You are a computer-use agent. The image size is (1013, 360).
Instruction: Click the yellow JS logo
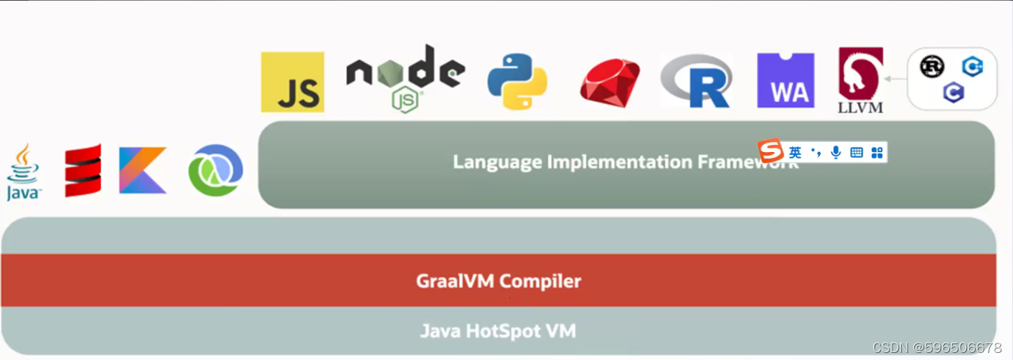(292, 82)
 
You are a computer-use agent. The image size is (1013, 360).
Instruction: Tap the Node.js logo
(405, 77)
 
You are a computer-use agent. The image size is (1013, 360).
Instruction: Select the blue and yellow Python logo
(517, 81)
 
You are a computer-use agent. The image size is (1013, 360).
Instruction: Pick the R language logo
(696, 80)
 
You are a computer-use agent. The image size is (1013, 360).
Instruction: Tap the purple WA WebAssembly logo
(786, 80)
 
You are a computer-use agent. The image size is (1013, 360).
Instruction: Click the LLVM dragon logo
(860, 79)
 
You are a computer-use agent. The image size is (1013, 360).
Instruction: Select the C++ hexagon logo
(972, 67)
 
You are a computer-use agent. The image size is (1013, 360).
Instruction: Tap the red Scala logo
(83, 171)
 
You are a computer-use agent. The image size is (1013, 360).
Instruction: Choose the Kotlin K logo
(143, 171)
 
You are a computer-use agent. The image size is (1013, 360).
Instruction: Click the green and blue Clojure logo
(215, 171)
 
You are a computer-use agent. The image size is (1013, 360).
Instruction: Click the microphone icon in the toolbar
(835, 152)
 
